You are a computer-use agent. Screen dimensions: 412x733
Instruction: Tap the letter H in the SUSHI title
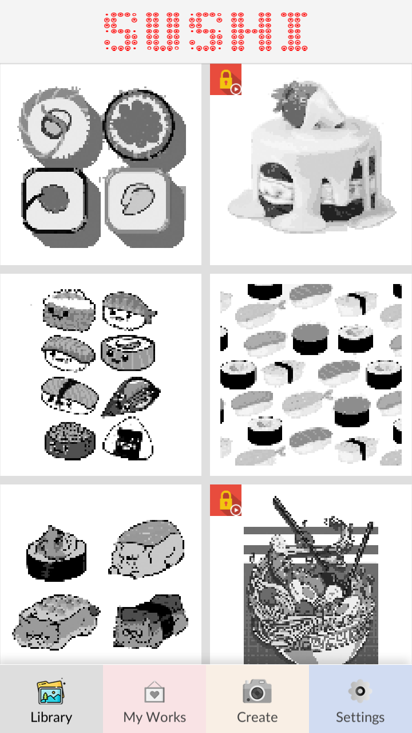click(251, 31)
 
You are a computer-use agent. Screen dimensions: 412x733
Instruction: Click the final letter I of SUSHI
click(294, 31)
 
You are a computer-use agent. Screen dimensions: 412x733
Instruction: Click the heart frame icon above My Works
click(154, 692)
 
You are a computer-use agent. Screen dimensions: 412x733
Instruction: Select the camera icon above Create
click(257, 691)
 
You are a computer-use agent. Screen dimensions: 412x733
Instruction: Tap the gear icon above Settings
click(360, 691)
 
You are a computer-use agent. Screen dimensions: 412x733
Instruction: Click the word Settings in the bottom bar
click(360, 718)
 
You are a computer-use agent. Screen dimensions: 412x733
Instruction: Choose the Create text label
click(257, 718)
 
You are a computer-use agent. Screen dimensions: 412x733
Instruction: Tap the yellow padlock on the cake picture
click(225, 80)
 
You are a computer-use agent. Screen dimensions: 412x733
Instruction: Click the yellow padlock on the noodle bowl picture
click(225, 500)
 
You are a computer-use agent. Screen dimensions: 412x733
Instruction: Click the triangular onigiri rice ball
click(128, 439)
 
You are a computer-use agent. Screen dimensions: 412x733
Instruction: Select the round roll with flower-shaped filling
click(139, 124)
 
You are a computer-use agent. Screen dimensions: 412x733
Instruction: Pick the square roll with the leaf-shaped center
click(138, 200)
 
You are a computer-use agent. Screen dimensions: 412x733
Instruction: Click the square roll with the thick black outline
click(54, 200)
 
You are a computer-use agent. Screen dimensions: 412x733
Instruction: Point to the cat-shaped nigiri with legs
click(146, 549)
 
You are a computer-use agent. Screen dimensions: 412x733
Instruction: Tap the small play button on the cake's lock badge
click(236, 89)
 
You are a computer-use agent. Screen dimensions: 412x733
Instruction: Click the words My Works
click(154, 718)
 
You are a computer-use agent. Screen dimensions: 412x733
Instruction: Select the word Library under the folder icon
click(51, 718)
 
